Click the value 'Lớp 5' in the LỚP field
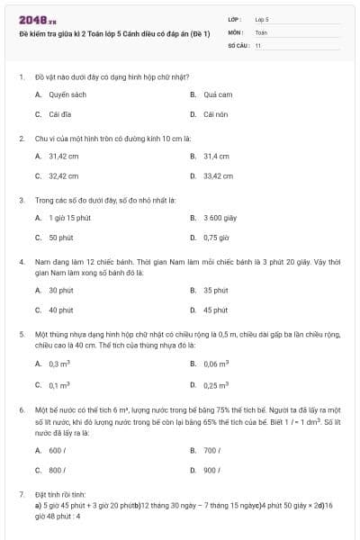point(262,18)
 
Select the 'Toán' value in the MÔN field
point(261,31)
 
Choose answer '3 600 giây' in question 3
point(220,218)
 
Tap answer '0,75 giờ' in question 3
point(217,238)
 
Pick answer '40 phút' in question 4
point(61,310)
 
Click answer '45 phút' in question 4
point(215,310)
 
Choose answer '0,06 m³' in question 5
point(216,364)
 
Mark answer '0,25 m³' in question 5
point(216,385)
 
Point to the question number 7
point(21,495)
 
